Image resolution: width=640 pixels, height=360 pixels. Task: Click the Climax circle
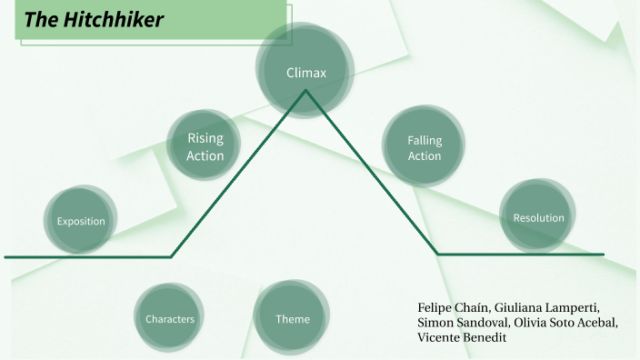click(305, 73)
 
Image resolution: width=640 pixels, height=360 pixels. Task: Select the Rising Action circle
click(205, 146)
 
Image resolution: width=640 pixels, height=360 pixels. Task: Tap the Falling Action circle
click(424, 147)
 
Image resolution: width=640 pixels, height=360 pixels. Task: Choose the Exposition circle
click(81, 221)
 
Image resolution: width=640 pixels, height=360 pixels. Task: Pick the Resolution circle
click(538, 217)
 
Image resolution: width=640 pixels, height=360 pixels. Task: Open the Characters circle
click(170, 319)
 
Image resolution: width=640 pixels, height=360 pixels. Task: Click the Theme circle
click(293, 319)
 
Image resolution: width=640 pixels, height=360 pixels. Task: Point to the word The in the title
click(40, 20)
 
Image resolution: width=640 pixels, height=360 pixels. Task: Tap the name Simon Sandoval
click(461, 323)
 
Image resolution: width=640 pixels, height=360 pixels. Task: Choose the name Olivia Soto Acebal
click(565, 323)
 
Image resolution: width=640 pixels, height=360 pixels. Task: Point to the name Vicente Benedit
click(461, 338)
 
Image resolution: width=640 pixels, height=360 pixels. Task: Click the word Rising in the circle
click(205, 138)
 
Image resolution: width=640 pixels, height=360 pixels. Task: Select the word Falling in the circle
click(424, 140)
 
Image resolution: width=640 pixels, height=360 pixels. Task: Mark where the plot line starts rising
click(172, 256)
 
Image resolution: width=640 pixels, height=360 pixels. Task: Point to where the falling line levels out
click(437, 254)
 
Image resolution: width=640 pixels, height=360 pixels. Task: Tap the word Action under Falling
click(424, 156)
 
